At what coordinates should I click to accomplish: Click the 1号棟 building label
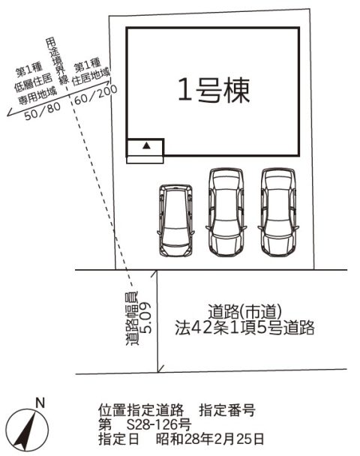(x=214, y=90)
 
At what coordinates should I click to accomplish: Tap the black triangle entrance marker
(x=147, y=145)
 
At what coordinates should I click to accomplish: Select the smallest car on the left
(x=175, y=220)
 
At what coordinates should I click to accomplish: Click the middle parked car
(x=226, y=212)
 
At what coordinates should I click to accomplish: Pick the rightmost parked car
(x=278, y=212)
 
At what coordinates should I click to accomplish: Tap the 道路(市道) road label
(x=244, y=312)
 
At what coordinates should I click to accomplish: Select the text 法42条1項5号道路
(x=244, y=328)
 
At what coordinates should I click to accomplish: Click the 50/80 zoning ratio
(x=43, y=111)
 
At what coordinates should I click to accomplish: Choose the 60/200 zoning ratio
(x=96, y=94)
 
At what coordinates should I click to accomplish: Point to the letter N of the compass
(x=40, y=403)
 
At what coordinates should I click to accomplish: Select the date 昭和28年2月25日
(x=210, y=439)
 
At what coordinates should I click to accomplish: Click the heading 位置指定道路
(x=141, y=410)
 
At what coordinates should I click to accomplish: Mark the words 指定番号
(x=227, y=410)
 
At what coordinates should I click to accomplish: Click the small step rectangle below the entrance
(x=145, y=160)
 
